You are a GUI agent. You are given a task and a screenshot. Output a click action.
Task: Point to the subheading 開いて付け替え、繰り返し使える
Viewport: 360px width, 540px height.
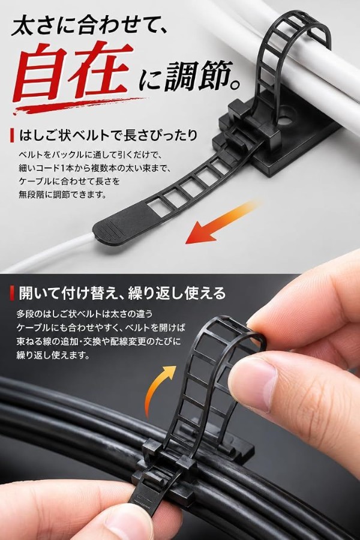tap(122, 293)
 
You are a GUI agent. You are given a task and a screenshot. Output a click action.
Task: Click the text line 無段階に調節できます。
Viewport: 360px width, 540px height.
tap(62, 195)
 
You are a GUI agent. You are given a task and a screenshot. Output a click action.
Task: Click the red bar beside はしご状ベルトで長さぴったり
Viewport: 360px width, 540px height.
tap(13, 135)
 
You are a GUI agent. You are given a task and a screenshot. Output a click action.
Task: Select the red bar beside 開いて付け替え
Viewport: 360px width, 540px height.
tap(13, 293)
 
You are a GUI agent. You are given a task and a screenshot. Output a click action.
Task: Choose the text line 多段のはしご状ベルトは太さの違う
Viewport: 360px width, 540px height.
tap(85, 314)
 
